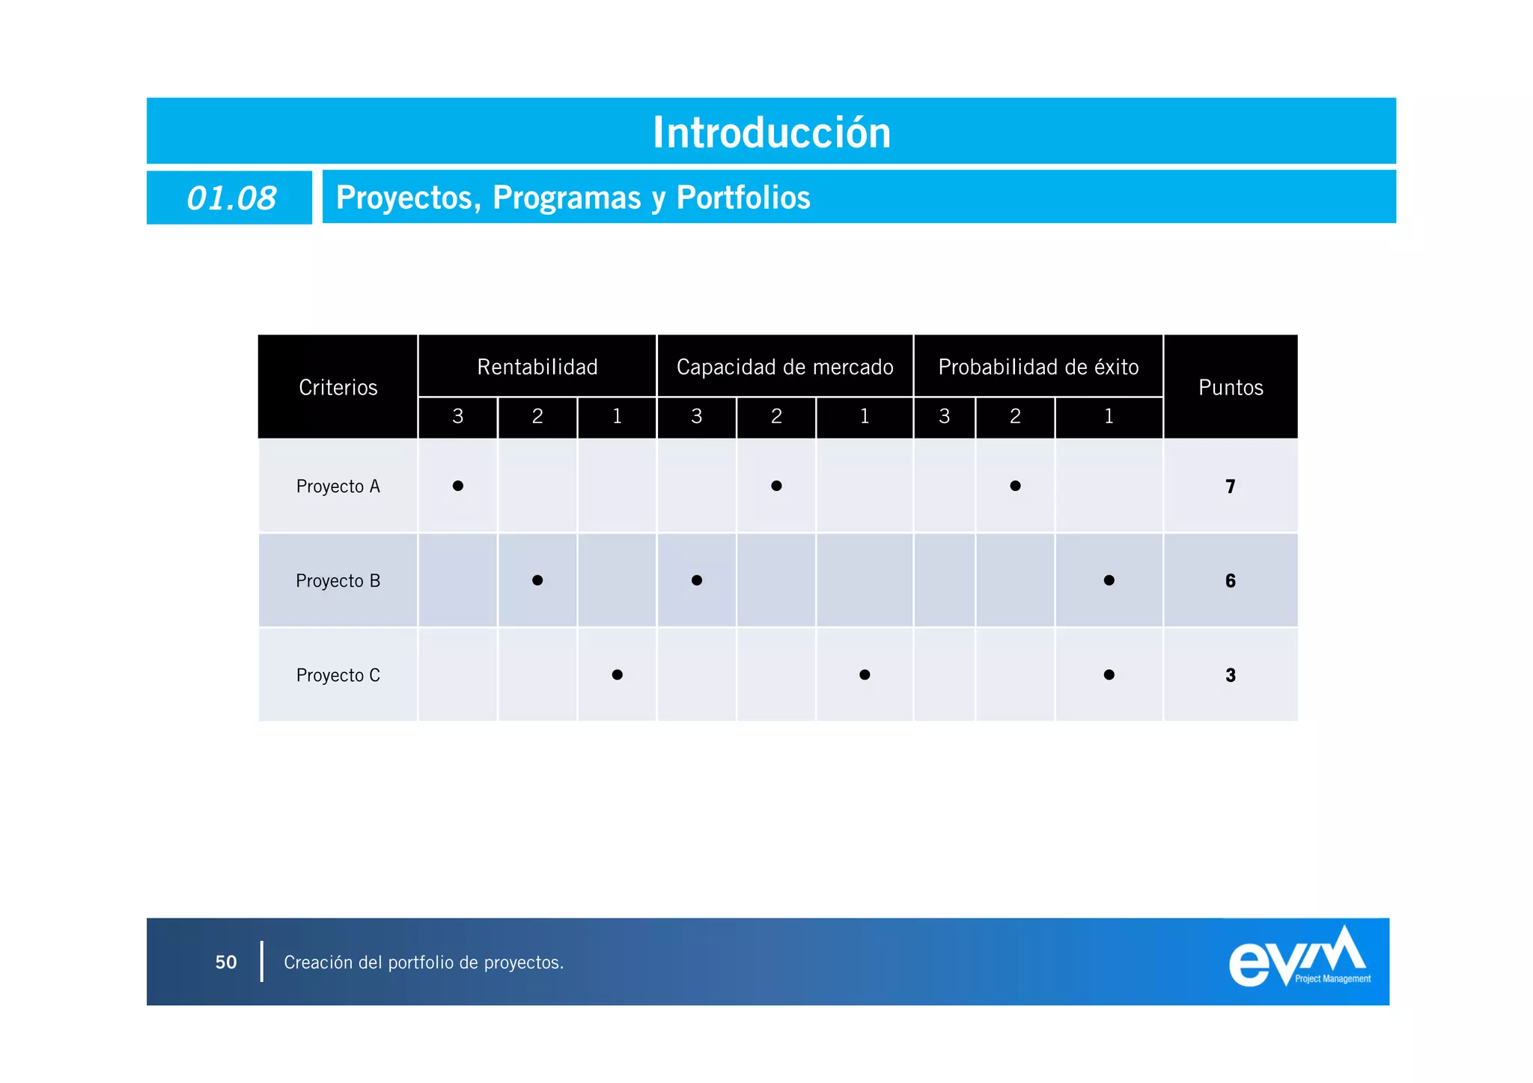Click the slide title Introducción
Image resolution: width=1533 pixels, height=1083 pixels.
click(x=772, y=132)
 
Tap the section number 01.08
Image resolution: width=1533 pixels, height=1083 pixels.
click(x=231, y=198)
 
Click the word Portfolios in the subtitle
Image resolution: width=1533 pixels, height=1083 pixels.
click(x=743, y=198)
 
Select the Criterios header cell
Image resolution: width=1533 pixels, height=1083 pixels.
click(x=338, y=387)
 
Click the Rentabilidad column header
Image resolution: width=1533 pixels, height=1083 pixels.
click(x=537, y=367)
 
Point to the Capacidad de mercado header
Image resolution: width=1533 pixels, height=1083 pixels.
click(x=784, y=367)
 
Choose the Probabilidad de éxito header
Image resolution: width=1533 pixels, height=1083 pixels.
click(x=1038, y=367)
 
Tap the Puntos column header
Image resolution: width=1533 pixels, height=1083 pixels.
click(x=1231, y=387)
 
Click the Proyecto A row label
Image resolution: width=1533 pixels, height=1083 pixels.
click(x=338, y=486)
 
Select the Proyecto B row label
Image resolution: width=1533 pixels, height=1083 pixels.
click(x=338, y=581)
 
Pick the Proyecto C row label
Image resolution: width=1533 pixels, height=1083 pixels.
click(x=338, y=675)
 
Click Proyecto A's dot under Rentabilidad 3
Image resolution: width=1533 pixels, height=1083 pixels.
click(x=458, y=486)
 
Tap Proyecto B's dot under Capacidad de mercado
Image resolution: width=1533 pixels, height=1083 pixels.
click(x=697, y=580)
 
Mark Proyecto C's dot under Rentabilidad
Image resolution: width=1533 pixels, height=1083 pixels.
click(x=617, y=674)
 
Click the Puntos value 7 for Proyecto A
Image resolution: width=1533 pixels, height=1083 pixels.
click(x=1230, y=486)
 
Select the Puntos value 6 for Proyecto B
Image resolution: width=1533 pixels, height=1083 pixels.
click(x=1230, y=581)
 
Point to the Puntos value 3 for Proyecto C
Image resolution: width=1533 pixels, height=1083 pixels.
click(x=1230, y=675)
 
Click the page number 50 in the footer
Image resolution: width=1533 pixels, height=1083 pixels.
click(x=226, y=962)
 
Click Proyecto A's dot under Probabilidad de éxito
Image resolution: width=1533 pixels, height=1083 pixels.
click(x=1015, y=486)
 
